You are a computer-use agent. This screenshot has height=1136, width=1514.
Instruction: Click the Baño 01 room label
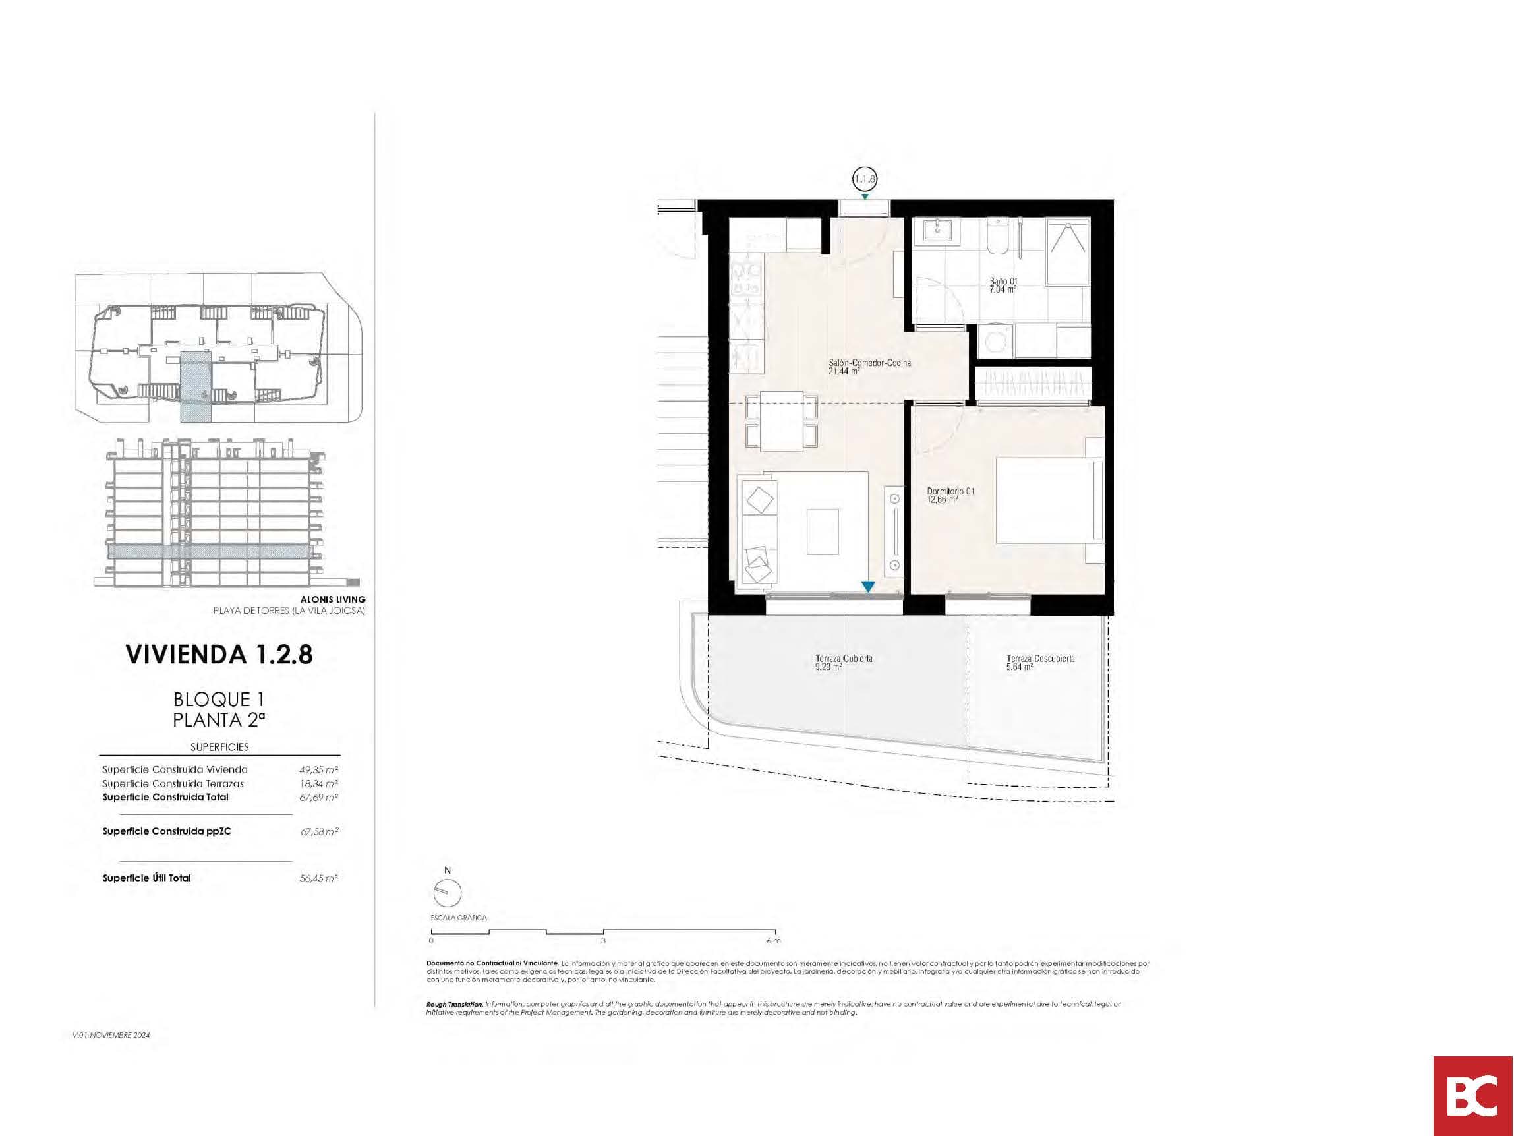coord(1003,285)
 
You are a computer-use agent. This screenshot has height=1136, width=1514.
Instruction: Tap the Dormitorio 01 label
coord(950,495)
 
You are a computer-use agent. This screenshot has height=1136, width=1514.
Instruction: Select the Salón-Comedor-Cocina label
coord(869,367)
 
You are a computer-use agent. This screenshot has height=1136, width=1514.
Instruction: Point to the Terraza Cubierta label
coord(843,661)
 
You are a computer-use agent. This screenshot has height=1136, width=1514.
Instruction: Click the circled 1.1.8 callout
coord(865,179)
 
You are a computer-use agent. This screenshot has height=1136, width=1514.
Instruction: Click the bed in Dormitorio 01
coord(1047,500)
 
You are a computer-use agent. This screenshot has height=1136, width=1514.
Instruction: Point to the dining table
coord(782,421)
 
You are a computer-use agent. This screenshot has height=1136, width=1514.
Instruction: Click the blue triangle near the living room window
coord(868,587)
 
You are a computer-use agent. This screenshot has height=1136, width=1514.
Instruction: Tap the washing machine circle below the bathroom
coord(994,340)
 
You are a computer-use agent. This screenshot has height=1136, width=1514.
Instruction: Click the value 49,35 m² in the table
coord(319,769)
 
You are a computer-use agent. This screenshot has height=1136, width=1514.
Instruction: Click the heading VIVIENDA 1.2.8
coord(219,655)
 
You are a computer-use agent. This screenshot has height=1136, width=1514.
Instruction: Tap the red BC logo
coord(1472,1096)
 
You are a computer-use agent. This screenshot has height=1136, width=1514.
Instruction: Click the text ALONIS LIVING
coord(333,599)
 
